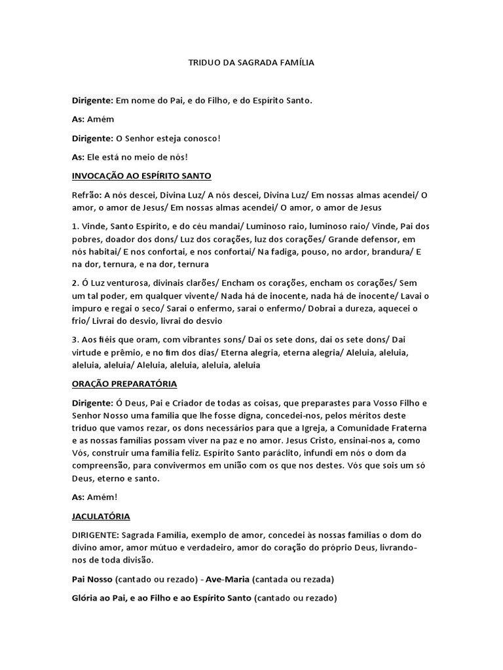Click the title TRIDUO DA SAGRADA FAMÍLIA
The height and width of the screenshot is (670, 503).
(251, 63)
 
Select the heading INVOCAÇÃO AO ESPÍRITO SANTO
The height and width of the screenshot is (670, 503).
(141, 176)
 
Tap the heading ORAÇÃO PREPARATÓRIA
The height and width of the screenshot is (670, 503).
(124, 383)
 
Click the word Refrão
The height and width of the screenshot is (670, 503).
(86, 195)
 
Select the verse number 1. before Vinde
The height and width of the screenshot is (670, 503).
(75, 226)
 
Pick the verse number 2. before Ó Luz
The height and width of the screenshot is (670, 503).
(75, 283)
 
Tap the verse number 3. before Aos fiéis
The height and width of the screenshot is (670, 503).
(75, 340)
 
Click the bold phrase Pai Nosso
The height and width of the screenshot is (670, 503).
(92, 580)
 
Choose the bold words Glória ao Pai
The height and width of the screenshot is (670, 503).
(99, 599)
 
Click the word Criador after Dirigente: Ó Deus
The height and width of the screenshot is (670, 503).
(181, 402)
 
